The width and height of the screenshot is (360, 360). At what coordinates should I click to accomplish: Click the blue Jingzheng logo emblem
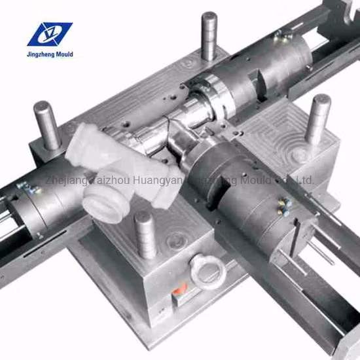(49, 35)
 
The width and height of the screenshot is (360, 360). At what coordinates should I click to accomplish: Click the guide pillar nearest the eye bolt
(145, 234)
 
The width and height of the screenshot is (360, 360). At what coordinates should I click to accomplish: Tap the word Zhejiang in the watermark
(63, 179)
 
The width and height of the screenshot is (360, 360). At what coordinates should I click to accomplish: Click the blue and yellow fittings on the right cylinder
(283, 207)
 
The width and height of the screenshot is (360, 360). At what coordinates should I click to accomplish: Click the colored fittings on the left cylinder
(29, 189)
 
